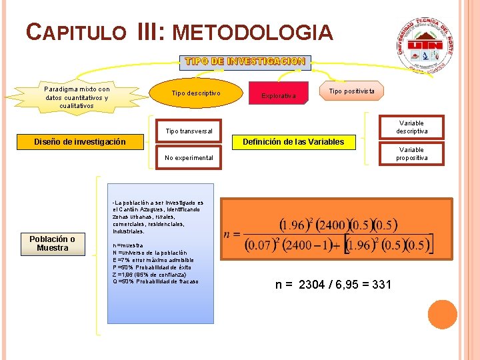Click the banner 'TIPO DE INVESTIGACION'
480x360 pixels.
click(245, 61)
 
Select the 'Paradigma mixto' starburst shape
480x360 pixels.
click(77, 97)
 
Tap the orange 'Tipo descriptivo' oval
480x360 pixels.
click(196, 93)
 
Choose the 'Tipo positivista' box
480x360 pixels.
click(351, 91)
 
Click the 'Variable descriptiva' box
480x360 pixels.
click(411, 127)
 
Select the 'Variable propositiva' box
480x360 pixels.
click(411, 154)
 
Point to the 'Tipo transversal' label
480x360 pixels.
click(189, 131)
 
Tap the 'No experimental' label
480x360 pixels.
click(189, 158)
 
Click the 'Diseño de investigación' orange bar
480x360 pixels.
click(80, 141)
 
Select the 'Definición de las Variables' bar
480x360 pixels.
click(293, 141)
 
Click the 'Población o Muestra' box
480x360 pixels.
click(53, 243)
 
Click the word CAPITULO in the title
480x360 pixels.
click(76, 32)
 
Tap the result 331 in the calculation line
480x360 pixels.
click(380, 285)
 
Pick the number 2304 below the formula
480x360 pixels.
click(312, 285)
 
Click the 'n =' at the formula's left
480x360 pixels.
click(232, 235)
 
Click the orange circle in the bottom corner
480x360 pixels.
click(442, 315)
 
